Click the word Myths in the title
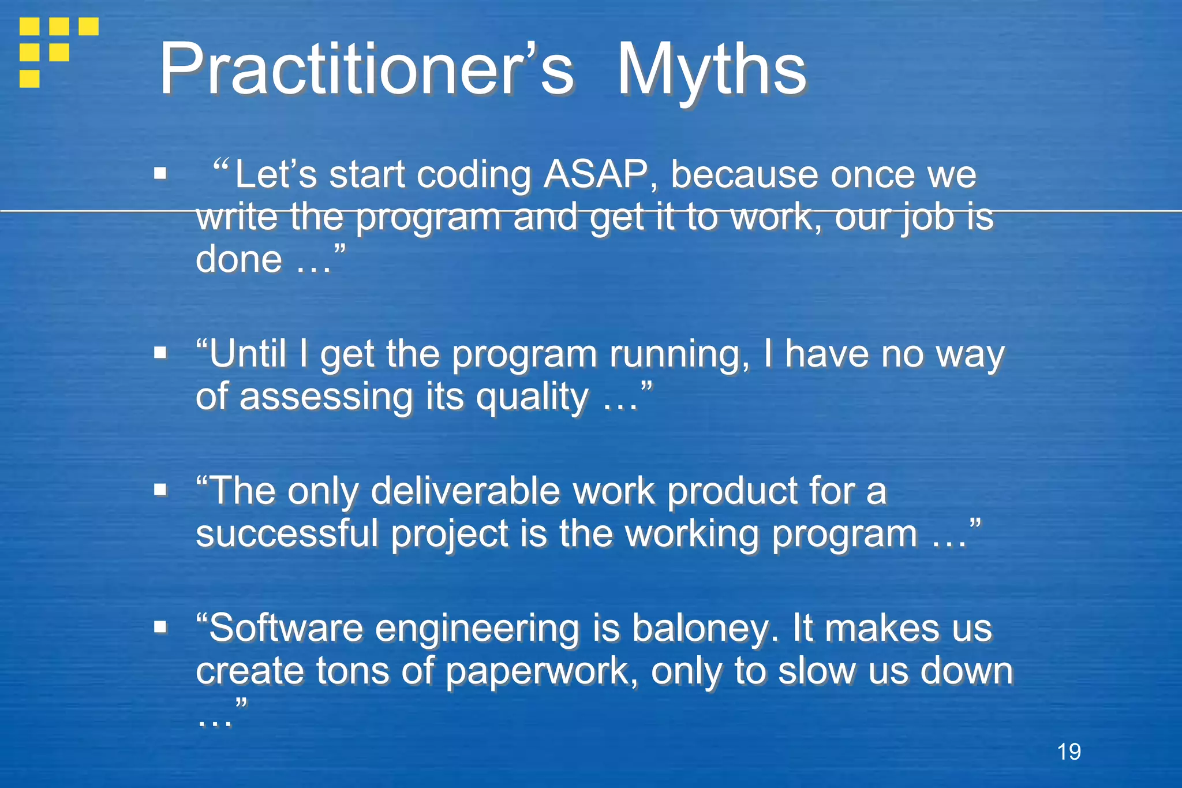711,70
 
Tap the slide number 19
1069,752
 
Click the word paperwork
541,671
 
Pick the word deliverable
465,491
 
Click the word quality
532,397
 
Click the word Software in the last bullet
285,628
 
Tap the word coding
473,174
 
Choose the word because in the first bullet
744,174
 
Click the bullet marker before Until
160,352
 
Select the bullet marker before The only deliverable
160,490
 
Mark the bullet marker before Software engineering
160,627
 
